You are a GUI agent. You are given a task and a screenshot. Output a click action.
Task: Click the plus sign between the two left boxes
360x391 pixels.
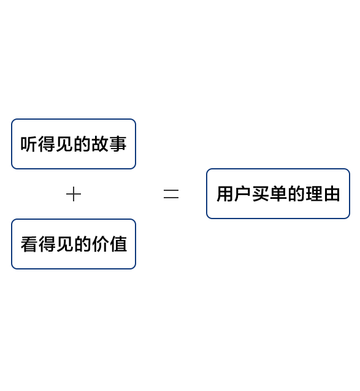tap(74, 194)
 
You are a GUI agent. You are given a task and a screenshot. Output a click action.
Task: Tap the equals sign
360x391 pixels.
tap(171, 194)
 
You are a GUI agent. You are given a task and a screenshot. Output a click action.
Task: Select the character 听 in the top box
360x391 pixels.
tap(29, 144)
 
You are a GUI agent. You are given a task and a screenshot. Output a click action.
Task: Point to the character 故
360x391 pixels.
tap(100, 144)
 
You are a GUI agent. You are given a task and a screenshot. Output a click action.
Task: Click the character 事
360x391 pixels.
tap(118, 144)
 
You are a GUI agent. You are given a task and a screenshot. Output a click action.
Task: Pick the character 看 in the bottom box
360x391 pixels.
tap(29, 244)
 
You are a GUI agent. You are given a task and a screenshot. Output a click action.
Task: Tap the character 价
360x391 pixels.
tap(101, 244)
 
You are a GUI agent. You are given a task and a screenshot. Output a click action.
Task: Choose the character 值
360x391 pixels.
tap(118, 244)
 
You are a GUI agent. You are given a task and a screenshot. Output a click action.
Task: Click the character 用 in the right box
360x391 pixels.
tap(225, 194)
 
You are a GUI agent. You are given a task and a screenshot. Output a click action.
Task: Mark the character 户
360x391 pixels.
tap(243, 194)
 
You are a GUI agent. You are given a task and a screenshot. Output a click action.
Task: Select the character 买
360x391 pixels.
tap(261, 194)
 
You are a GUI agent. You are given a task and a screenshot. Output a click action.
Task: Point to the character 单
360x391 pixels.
tap(278, 194)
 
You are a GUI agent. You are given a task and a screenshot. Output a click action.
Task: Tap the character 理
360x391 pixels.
tap(314, 194)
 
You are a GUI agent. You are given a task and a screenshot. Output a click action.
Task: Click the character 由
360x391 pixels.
tap(332, 194)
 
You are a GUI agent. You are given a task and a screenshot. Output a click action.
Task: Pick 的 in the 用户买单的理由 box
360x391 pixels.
tap(296, 194)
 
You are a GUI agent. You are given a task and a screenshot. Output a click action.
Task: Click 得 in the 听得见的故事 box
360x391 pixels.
tap(47, 144)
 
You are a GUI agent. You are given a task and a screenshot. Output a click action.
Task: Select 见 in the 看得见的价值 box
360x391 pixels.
tap(65, 244)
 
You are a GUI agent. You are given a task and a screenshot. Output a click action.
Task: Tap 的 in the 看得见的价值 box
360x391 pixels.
tap(82, 244)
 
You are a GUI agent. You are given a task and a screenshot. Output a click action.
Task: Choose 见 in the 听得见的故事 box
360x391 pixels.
tap(64, 144)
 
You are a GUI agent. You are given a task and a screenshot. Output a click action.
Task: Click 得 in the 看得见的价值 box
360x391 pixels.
tap(47, 244)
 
